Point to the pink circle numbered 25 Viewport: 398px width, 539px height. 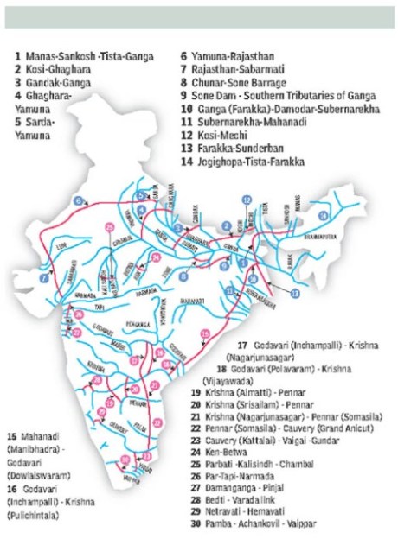109,226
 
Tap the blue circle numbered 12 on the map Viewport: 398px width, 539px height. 247,200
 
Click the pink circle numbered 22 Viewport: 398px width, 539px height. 157,385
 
